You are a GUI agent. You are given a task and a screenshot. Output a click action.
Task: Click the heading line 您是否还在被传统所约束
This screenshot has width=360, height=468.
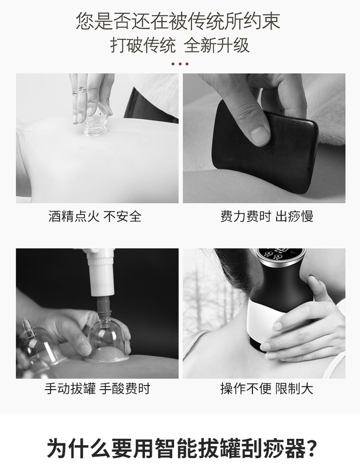coord(178,21)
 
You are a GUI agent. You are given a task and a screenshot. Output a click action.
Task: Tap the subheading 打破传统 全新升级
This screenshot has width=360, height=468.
coord(180,45)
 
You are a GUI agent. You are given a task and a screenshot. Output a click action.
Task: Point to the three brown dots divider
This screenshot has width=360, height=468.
coord(180,64)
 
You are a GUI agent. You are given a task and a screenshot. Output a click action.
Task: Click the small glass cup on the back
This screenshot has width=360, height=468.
coord(95,121)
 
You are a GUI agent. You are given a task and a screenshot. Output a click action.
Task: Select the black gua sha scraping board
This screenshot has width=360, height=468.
coord(264,146)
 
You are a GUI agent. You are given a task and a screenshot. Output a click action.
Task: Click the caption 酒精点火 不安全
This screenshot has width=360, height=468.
coord(95,216)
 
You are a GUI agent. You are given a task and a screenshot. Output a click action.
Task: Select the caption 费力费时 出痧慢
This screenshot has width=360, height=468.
coord(267,216)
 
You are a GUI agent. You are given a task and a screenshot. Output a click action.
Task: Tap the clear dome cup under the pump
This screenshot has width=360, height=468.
coord(107,340)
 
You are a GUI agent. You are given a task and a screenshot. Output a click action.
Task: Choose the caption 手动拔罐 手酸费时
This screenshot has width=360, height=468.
coord(97,389)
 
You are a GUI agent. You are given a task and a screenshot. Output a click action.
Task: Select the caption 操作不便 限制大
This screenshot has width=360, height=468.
coord(267,389)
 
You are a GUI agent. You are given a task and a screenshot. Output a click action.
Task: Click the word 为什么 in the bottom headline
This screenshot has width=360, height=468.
coord(78,448)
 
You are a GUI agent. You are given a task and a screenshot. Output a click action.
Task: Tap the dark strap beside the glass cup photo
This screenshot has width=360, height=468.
coord(149,105)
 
